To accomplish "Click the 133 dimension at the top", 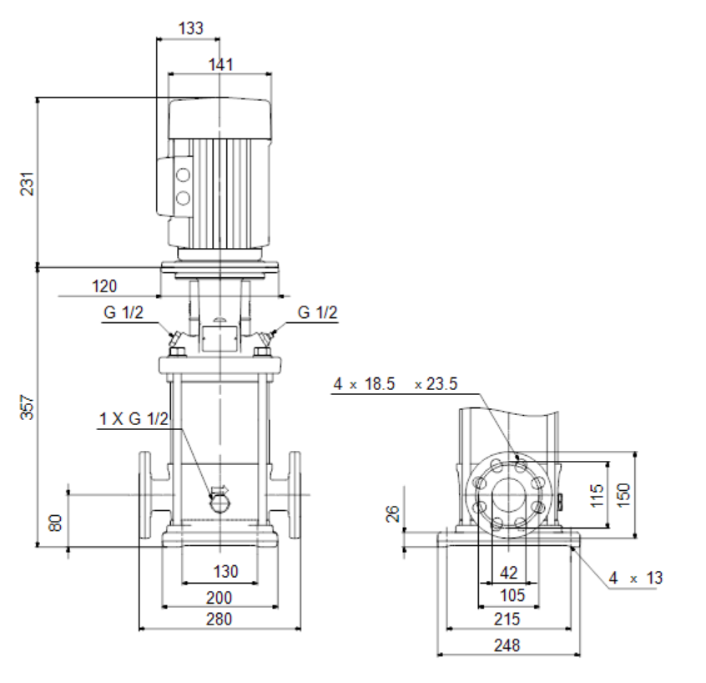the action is tap(191, 28).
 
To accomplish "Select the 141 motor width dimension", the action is tap(221, 65).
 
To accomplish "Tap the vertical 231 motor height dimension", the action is tap(27, 184).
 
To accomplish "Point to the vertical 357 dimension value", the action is tap(27, 407).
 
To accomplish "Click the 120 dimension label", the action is tap(104, 286).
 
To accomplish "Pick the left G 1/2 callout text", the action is tap(124, 312).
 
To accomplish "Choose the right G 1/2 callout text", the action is tap(317, 312).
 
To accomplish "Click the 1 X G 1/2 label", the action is tap(134, 419).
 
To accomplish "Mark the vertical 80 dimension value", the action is tap(55, 523).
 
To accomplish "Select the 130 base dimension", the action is tap(225, 572).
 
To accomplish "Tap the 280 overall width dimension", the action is tap(219, 619).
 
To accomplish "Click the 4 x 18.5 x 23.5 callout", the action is tap(396, 384).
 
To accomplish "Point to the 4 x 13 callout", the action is tap(636, 578).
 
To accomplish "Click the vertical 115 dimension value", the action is tap(597, 495).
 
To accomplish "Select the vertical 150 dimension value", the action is tap(623, 495).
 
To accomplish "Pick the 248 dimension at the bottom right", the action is tap(507, 645).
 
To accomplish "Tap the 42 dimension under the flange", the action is tap(509, 573).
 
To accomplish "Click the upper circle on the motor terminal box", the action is tap(183, 175).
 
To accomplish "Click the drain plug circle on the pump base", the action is tap(219, 503).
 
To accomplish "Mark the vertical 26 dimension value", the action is tap(393, 514).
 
